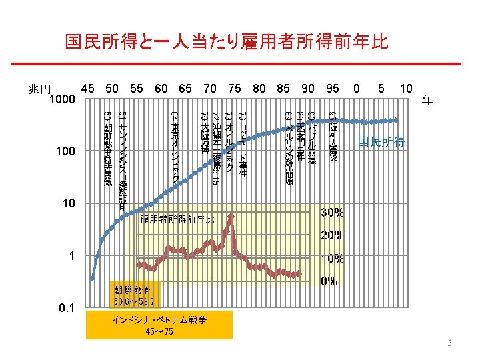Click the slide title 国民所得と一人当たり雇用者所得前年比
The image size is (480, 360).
[x=227, y=43]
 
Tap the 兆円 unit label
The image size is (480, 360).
[x=39, y=89]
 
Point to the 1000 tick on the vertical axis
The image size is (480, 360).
[x=61, y=100]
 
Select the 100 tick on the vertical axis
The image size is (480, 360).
[x=65, y=152]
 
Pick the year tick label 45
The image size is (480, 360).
[x=87, y=87]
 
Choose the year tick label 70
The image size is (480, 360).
[x=210, y=87]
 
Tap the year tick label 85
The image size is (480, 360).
[x=283, y=87]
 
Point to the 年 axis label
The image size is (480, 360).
[x=427, y=102]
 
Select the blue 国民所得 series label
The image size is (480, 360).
[x=381, y=141]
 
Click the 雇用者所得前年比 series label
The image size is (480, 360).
[x=177, y=219]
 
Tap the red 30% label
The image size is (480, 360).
[x=333, y=213]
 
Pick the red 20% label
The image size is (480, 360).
[x=333, y=235]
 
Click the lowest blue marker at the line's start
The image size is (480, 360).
[x=92, y=278]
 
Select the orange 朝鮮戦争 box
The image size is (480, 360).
[x=136, y=294]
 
